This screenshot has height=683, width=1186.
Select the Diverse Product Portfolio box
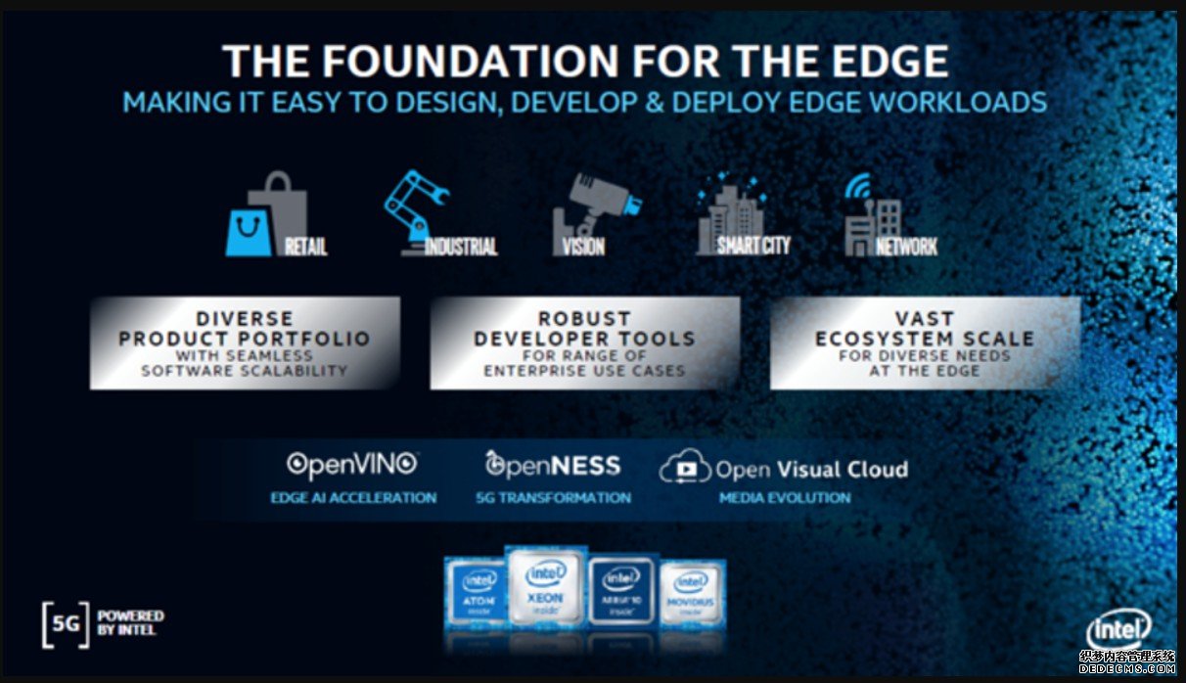[x=245, y=342]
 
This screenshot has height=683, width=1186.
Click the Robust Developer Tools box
[x=584, y=342]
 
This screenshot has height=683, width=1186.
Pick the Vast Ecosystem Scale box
[x=925, y=342]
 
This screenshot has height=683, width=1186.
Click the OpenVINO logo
[x=352, y=465]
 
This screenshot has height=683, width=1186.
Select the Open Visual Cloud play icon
[x=684, y=469]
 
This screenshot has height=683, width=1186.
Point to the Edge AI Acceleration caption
[x=353, y=498]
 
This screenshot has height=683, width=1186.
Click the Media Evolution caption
[x=785, y=498]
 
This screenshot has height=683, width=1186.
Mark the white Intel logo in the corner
[x=1118, y=632]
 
